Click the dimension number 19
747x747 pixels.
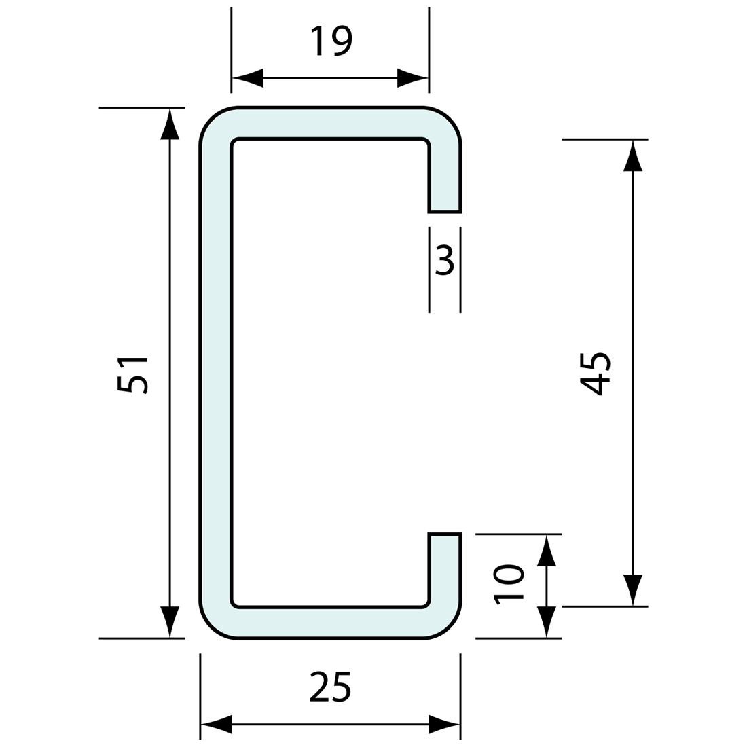tap(332, 41)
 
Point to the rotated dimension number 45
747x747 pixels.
tap(596, 373)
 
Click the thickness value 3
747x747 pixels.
tap(445, 260)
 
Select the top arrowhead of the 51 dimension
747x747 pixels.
tap(170, 124)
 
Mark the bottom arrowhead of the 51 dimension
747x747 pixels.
tap(170, 622)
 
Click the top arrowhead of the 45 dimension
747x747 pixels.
tap(633, 156)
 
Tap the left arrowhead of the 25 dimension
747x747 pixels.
tap(216, 725)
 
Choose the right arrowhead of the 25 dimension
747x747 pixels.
tap(445, 725)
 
